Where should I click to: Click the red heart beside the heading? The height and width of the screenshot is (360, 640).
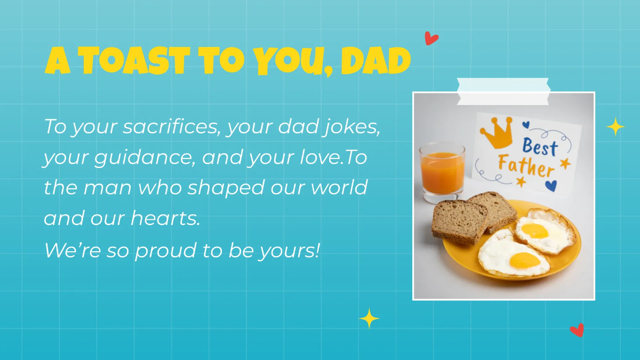click(x=431, y=38)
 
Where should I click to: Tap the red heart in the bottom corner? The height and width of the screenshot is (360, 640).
click(x=577, y=330)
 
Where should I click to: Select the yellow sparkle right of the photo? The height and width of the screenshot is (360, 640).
click(x=615, y=127)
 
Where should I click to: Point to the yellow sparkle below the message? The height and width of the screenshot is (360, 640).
click(x=369, y=318)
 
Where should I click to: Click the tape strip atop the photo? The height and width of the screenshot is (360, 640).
click(x=503, y=91)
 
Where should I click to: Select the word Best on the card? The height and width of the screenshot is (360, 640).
click(x=539, y=146)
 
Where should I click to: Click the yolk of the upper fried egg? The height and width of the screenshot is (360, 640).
click(x=535, y=230)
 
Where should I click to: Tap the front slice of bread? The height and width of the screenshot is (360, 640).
click(x=459, y=221)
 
